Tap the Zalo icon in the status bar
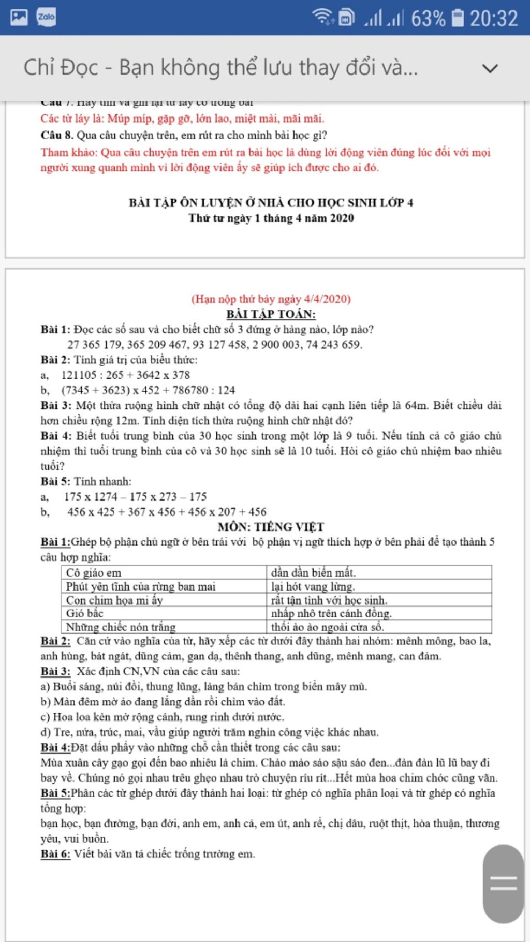point(46,17)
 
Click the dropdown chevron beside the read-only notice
point(490,68)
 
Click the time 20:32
point(493,19)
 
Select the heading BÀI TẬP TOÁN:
point(271,314)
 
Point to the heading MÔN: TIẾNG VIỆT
point(271,527)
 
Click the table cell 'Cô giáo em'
point(94,572)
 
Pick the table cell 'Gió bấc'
point(85,613)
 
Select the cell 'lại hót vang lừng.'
point(313,586)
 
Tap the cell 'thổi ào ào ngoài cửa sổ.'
point(328,627)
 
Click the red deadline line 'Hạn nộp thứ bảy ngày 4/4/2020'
point(271,299)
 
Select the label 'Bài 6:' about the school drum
point(55,854)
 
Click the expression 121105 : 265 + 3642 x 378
point(126,375)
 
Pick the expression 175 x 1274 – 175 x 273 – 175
point(136,497)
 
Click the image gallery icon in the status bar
point(19,17)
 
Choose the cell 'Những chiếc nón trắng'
point(121,627)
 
